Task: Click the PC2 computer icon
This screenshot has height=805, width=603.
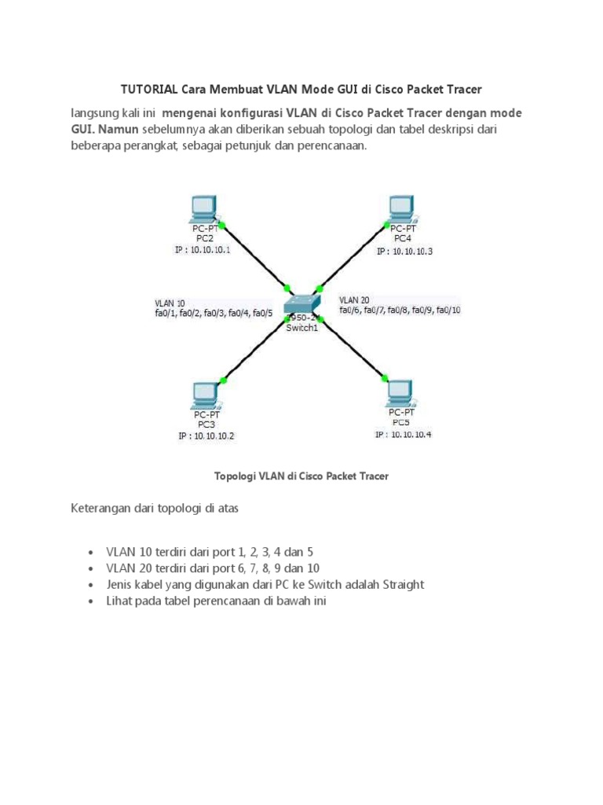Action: click(203, 208)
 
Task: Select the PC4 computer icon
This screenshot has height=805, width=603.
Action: click(402, 208)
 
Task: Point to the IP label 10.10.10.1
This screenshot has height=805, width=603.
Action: click(202, 251)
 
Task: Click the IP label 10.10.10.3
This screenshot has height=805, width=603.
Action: click(404, 252)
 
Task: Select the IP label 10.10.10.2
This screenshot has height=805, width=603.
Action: click(206, 436)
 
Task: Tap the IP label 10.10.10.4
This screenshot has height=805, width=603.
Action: click(403, 435)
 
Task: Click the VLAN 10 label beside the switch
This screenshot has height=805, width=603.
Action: click(170, 303)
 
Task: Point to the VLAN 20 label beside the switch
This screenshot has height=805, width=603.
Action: click(354, 300)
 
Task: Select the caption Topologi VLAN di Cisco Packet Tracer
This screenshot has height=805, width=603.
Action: click(301, 476)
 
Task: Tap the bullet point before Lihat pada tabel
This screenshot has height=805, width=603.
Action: click(91, 601)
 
